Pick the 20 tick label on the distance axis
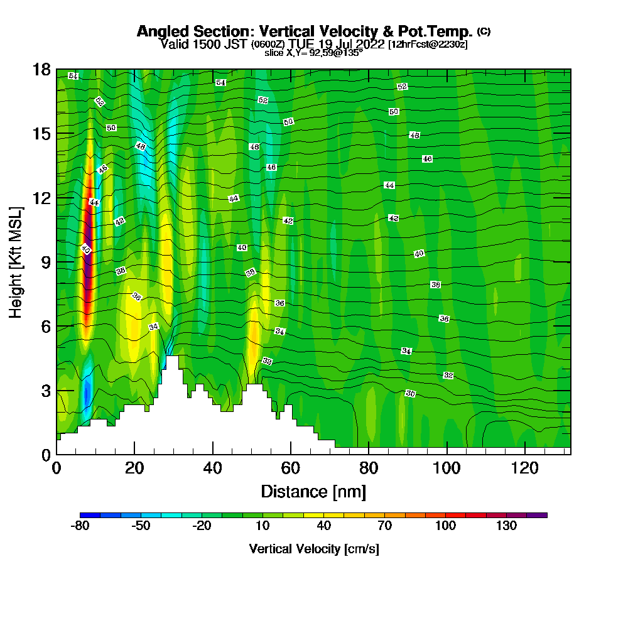134,468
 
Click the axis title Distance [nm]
313,491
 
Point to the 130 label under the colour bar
507,526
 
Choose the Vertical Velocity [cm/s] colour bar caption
314,549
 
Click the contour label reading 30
410,393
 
